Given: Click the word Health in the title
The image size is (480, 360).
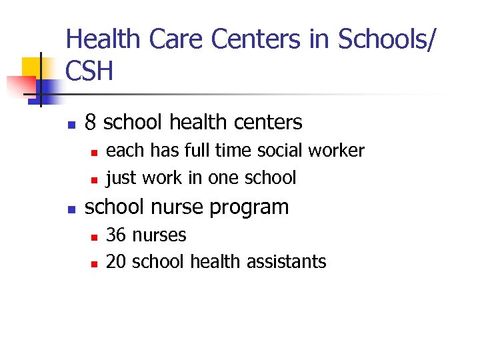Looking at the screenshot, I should click(x=104, y=39).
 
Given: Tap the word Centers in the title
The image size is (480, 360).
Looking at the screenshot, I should click(x=255, y=39).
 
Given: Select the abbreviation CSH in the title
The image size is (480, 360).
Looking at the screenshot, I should click(x=90, y=71).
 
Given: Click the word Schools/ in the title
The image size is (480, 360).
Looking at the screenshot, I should click(x=385, y=39).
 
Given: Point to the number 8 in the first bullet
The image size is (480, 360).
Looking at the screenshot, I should click(x=91, y=123).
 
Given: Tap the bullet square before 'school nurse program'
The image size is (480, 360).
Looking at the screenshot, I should click(x=71, y=209).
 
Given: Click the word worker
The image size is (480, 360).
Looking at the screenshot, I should click(x=339, y=151).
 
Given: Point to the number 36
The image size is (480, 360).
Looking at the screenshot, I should click(x=116, y=235).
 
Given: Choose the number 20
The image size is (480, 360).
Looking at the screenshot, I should click(x=116, y=261).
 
